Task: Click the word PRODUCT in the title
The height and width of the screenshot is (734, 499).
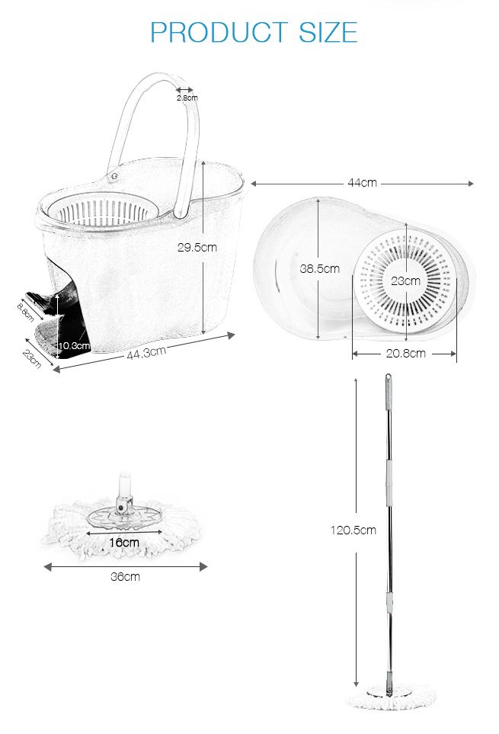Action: tap(219, 32)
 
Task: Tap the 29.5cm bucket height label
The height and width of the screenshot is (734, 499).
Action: tap(197, 247)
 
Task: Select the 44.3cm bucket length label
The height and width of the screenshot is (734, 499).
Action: tap(146, 352)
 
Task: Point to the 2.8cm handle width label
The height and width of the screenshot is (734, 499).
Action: tap(187, 98)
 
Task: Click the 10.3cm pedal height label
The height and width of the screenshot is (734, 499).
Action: tap(74, 346)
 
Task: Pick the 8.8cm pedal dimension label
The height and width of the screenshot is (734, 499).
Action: tap(26, 312)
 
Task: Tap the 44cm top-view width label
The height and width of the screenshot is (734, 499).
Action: tap(362, 183)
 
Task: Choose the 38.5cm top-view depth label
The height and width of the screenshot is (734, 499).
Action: tap(319, 269)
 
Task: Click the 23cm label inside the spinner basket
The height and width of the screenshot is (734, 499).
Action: tap(405, 280)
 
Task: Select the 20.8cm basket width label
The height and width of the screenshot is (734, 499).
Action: tap(405, 354)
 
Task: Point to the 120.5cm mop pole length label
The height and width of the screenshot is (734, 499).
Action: tap(353, 530)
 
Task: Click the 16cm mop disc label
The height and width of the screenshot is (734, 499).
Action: tap(124, 542)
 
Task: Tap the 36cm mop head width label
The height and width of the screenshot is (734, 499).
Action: tap(126, 577)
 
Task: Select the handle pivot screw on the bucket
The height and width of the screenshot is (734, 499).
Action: tap(114, 176)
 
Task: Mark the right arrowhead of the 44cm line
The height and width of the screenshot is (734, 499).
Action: tap(471, 184)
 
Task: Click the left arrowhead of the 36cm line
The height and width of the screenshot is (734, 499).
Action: tap(47, 567)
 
